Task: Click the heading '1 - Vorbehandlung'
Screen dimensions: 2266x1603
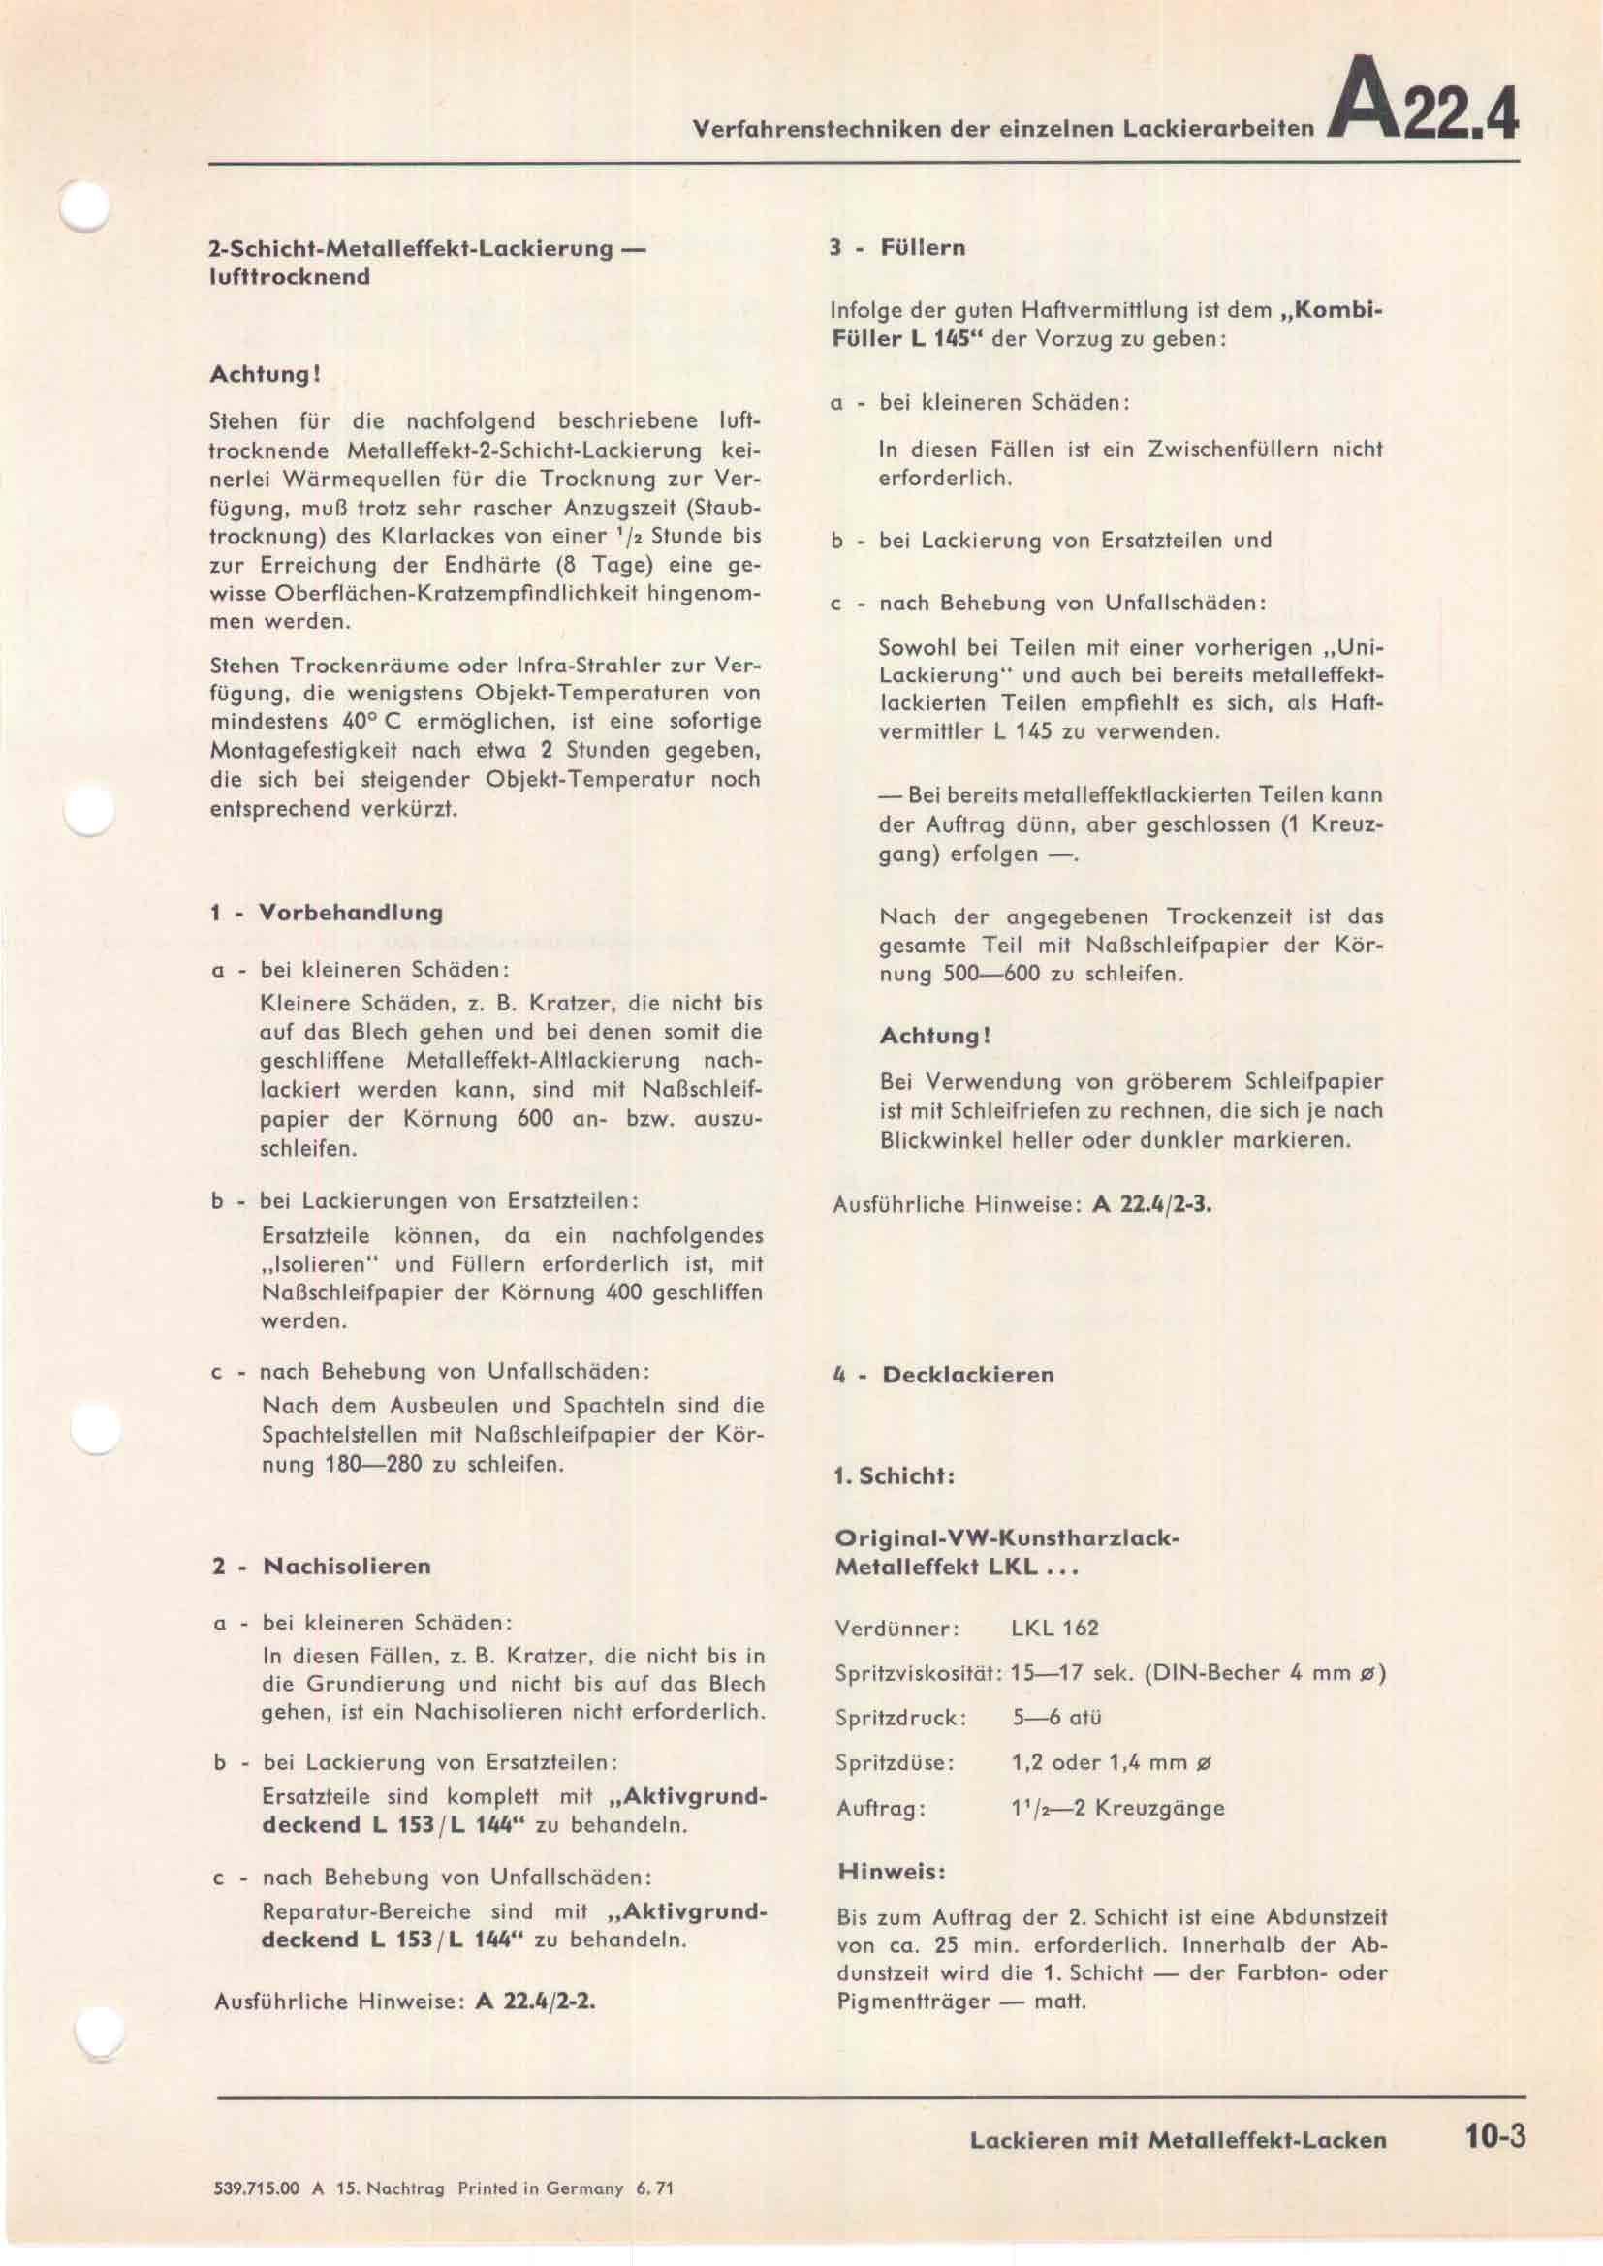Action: [327, 912]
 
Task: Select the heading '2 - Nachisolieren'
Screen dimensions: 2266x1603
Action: [321, 1566]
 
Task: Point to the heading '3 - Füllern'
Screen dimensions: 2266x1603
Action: [897, 248]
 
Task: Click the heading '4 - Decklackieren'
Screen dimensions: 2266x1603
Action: [944, 1375]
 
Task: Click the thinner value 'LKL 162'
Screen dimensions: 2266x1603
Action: [1054, 1628]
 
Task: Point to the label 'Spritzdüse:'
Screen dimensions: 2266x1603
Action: [895, 1762]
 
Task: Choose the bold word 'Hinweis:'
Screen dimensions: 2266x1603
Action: [892, 1870]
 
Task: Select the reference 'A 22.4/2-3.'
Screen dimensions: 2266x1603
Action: [1152, 1205]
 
